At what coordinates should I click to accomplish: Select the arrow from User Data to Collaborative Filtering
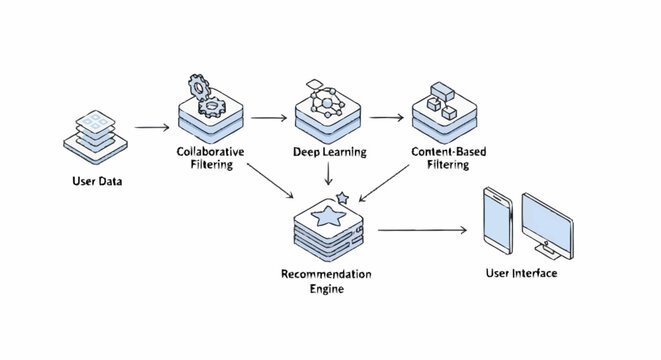tap(151, 128)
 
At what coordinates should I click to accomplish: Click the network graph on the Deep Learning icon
tap(328, 101)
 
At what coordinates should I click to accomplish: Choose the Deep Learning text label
tap(329, 152)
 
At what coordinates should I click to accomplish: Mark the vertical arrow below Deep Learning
tap(329, 175)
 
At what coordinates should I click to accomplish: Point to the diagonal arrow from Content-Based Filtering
tap(391, 184)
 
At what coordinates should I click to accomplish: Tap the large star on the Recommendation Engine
tap(328, 214)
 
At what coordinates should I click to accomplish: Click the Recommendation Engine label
tap(327, 280)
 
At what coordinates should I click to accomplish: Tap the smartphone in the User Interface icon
tap(496, 220)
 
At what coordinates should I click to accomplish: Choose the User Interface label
tap(521, 273)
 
